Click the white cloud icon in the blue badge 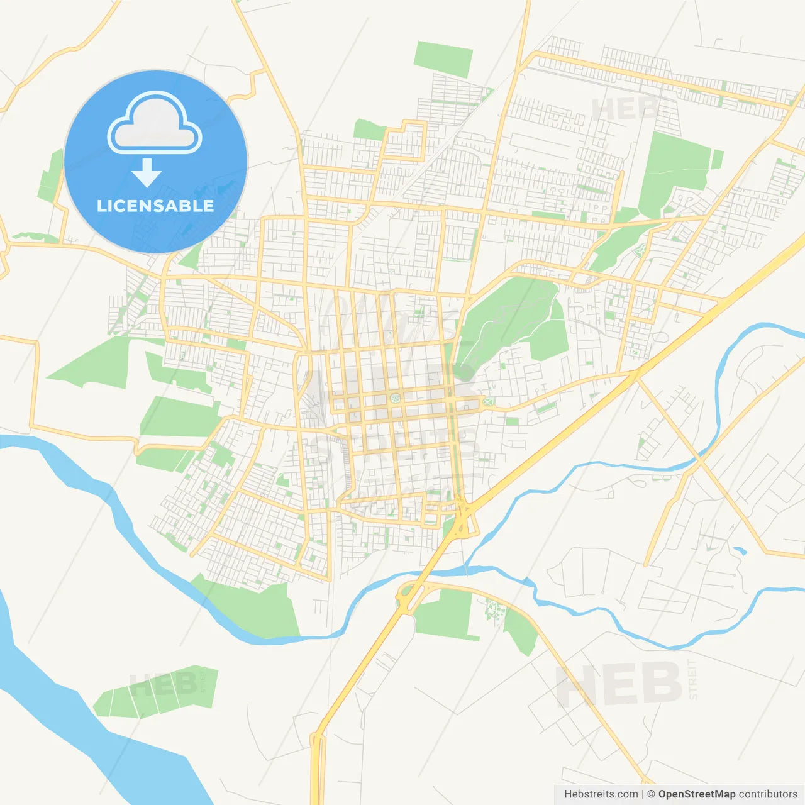(x=155, y=124)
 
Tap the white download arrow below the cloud (x=147, y=173)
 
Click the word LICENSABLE (x=155, y=206)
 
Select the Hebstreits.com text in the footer (x=601, y=794)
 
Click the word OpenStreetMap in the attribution (x=697, y=794)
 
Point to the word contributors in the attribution (x=768, y=794)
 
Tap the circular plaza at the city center (x=395, y=397)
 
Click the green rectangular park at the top (x=443, y=59)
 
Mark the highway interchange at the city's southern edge (x=464, y=519)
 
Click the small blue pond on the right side (x=740, y=552)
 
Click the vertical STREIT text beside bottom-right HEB (x=693, y=679)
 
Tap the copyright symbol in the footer (x=651, y=794)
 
